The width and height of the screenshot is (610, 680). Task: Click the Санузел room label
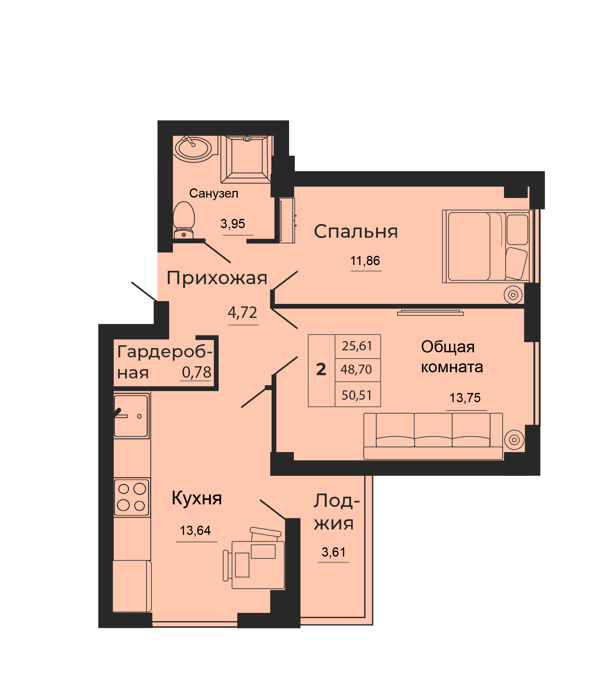(x=214, y=193)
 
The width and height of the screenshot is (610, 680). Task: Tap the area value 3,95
(x=233, y=223)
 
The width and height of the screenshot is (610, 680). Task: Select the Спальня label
(x=356, y=231)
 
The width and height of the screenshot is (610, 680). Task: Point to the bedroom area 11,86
(x=365, y=261)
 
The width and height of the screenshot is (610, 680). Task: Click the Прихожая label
(x=217, y=278)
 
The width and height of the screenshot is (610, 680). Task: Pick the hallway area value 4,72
(x=242, y=312)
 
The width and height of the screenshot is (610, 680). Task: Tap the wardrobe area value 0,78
(x=196, y=373)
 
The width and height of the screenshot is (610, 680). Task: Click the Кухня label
(x=197, y=498)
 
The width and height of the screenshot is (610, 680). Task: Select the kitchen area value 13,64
(x=195, y=530)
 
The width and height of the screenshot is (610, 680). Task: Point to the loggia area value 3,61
(x=333, y=552)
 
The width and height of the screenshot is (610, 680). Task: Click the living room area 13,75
(x=465, y=398)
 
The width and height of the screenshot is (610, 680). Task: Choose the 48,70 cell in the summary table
(x=356, y=369)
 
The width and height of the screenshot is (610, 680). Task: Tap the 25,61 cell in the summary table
(x=357, y=346)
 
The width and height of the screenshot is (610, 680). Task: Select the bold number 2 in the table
(x=321, y=369)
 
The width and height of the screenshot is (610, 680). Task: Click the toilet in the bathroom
(x=184, y=220)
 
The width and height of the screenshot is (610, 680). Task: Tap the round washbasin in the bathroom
(x=193, y=149)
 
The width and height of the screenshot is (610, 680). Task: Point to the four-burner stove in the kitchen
(x=131, y=497)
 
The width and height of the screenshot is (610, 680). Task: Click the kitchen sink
(x=131, y=416)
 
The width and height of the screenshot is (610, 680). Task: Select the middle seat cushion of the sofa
(x=433, y=430)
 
